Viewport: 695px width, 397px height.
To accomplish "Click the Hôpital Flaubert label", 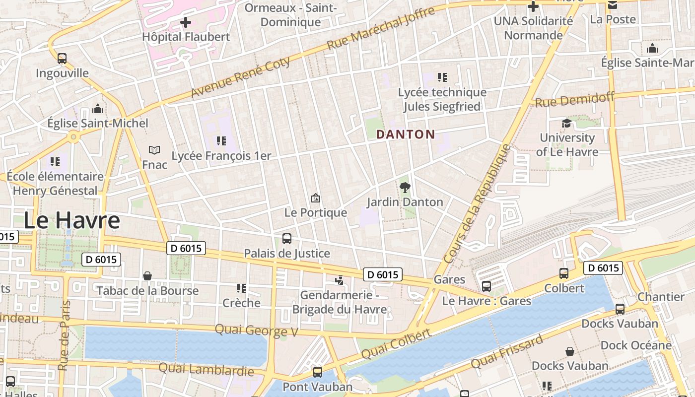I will tap(186, 37).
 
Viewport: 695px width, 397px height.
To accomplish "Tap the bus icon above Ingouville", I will tap(62, 58).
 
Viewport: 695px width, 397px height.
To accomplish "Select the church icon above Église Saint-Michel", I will tap(98, 108).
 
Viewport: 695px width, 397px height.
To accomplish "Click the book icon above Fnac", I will tap(154, 149).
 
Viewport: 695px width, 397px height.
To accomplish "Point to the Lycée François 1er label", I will tap(221, 156).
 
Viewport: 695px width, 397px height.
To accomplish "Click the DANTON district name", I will tap(406, 134).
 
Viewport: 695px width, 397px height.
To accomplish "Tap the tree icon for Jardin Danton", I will tap(405, 187).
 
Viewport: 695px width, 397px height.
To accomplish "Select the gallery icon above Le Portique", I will tap(315, 198).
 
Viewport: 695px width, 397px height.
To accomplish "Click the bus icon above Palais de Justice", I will tap(287, 239).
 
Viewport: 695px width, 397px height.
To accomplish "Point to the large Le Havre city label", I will tap(72, 220).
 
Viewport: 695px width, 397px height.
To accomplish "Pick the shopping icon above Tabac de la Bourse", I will tap(147, 276).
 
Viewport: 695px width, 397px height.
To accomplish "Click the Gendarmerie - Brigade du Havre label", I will tap(339, 303).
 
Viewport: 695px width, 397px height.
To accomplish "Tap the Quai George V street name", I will tap(256, 331).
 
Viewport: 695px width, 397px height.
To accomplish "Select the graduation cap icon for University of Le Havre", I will tap(566, 123).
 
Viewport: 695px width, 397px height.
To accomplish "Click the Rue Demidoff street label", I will tap(574, 100).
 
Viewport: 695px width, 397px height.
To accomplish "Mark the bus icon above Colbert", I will tap(564, 273).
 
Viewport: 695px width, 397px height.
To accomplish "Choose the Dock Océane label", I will tap(636, 345).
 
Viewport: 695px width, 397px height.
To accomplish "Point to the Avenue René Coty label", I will tap(241, 77).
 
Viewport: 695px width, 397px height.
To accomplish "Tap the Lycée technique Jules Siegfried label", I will tap(442, 99).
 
